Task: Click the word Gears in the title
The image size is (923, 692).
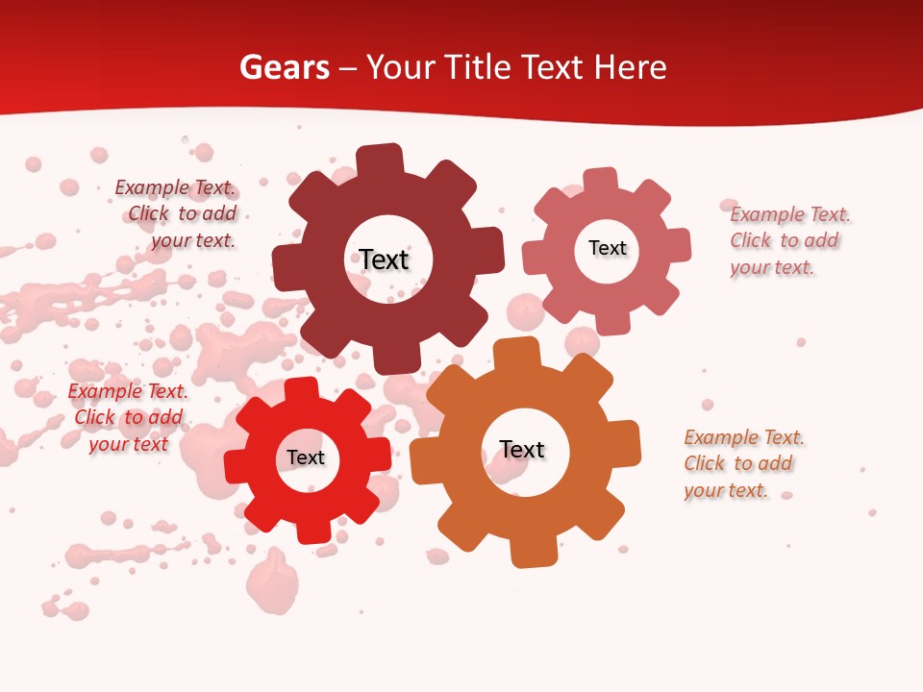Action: pos(284,68)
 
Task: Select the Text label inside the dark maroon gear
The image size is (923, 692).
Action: pos(385,259)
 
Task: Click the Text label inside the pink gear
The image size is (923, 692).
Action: pos(607,248)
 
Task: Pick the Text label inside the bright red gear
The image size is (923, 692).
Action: pos(306,457)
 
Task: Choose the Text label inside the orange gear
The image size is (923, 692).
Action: pos(522,450)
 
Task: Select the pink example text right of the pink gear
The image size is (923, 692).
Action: pos(789,241)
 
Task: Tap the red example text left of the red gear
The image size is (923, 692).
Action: pos(128,417)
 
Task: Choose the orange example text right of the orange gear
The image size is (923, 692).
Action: pos(743,464)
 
